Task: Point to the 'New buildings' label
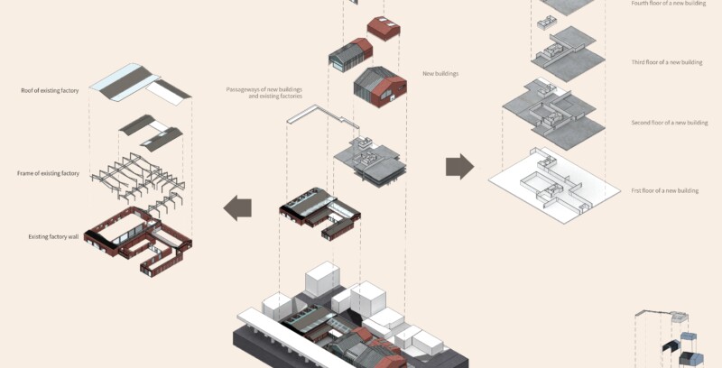[x=440, y=73]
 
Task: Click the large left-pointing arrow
[x=239, y=207]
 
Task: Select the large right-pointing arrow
[x=459, y=166]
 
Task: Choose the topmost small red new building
[x=383, y=27]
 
